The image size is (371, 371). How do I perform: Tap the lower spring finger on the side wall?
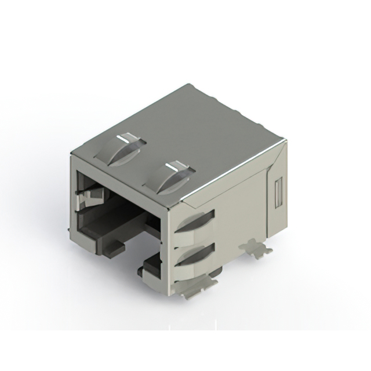(x=194, y=254)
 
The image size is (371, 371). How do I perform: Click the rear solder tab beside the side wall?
(x=256, y=248)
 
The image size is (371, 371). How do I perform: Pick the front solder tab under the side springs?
(x=197, y=286)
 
